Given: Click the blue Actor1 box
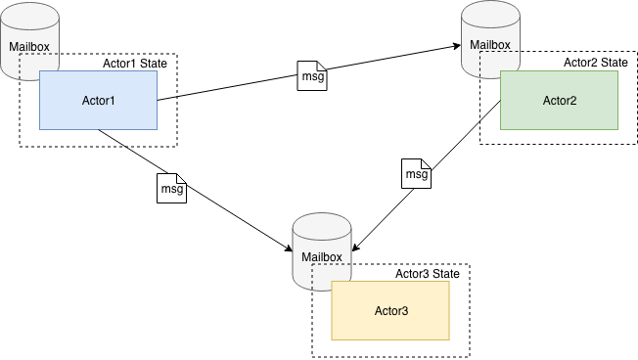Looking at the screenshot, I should [x=98, y=100].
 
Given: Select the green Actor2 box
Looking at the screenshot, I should [x=559, y=100].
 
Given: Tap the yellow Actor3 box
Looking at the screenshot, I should [x=390, y=310].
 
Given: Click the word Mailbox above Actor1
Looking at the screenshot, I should [x=28, y=45].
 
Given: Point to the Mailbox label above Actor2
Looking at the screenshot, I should [x=490, y=44].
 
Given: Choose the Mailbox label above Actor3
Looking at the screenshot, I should [x=322, y=257].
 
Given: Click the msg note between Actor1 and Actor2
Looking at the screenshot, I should [x=312, y=76].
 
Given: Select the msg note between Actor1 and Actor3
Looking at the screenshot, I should [x=171, y=188].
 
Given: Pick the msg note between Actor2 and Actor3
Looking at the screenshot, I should [x=417, y=173].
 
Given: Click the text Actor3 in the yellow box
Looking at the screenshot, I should [x=390, y=311].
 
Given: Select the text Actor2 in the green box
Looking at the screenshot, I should [x=559, y=100].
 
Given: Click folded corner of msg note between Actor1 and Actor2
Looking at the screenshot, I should [x=322, y=66].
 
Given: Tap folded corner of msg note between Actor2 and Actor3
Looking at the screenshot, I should [x=426, y=162].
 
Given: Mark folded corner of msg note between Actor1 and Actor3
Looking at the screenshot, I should [x=181, y=177].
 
